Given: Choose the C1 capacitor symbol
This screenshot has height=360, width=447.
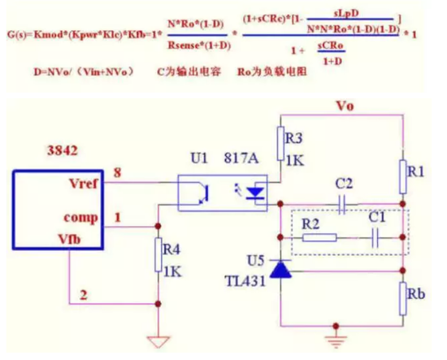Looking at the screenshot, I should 375,238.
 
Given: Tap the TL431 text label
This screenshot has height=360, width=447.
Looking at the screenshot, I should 242,281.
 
